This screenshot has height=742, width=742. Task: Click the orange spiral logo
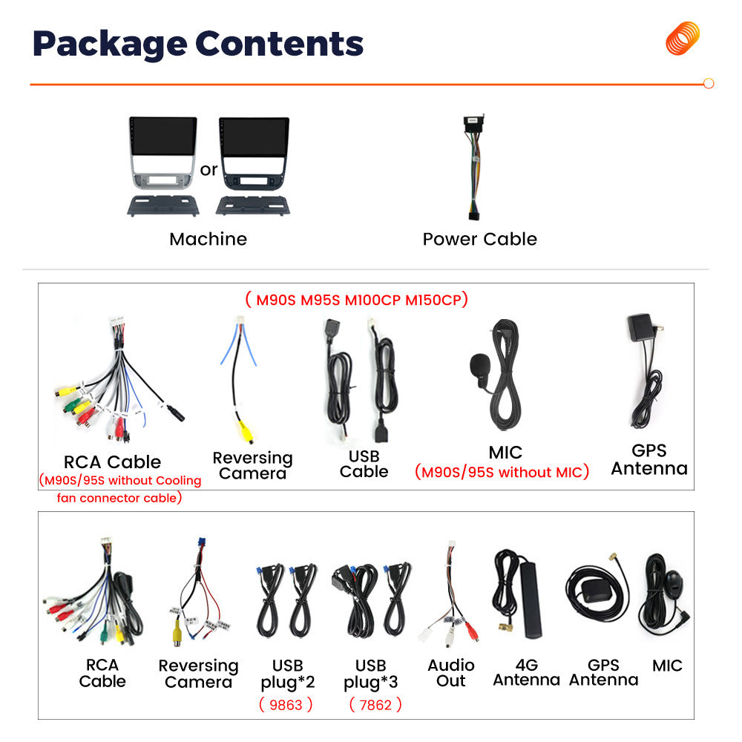[683, 38]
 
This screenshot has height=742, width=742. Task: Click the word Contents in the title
[279, 44]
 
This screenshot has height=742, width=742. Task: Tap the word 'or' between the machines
[209, 169]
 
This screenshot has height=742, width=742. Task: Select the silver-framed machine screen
[163, 137]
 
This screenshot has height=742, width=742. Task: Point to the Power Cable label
[480, 240]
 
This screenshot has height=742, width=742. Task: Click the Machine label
[209, 240]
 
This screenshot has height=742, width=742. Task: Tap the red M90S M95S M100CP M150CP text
[357, 300]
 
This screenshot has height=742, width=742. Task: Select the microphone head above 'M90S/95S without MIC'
[479, 365]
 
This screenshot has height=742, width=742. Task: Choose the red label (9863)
[286, 705]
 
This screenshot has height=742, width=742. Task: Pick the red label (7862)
[375, 705]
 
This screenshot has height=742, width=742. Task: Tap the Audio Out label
[451, 673]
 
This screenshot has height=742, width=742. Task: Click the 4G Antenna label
[526, 672]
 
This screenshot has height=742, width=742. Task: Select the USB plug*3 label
[370, 674]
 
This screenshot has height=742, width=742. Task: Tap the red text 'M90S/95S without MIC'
[502, 472]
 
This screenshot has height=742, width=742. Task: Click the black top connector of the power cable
[473, 123]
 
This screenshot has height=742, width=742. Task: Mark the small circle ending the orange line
[709, 84]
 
